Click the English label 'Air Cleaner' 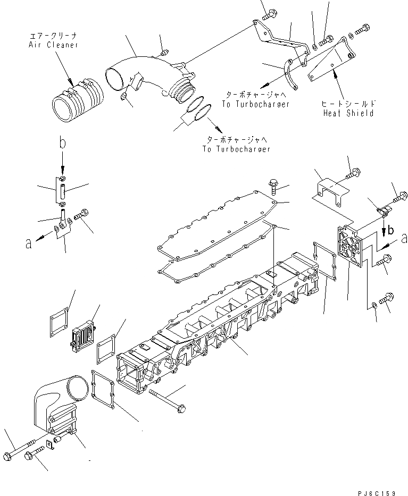point(53,45)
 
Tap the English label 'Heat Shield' point(348,113)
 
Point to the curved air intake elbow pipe point(149,74)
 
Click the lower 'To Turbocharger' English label point(236,149)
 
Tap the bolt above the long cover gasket point(272,185)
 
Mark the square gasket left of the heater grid point(57,322)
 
